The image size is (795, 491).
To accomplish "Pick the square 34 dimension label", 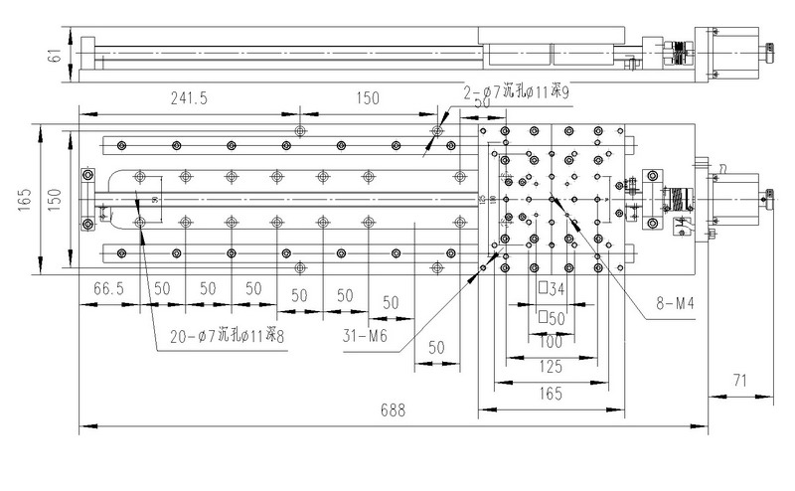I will (551, 290).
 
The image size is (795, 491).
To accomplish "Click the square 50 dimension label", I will (551, 319).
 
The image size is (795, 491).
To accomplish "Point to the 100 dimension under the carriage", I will (551, 342).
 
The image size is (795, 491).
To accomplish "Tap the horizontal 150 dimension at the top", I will (369, 99).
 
